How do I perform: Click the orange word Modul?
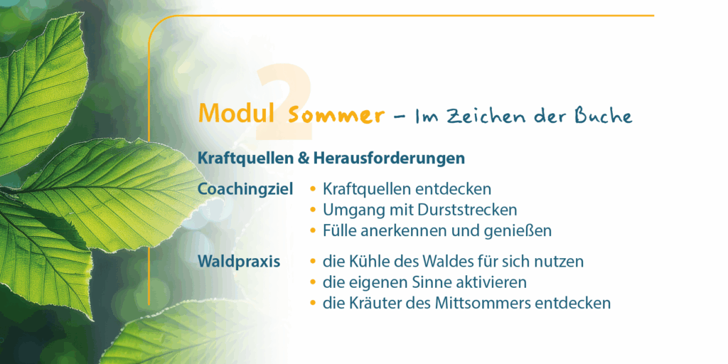236,113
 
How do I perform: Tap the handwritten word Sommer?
336,115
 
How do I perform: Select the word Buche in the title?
604,115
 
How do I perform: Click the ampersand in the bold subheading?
304,159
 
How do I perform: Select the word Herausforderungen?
389,159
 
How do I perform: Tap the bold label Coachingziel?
245,190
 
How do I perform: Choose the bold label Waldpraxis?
239,262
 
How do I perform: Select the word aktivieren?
492,282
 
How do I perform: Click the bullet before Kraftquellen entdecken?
313,189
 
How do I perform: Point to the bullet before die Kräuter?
313,304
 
